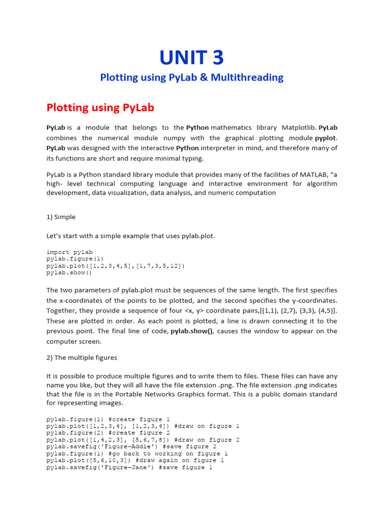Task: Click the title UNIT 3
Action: pos(191,58)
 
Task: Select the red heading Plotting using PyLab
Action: pos(100,107)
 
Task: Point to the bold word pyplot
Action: pos(325,138)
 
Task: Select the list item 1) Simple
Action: pos(61,217)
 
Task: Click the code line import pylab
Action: pos(69,252)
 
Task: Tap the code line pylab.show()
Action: pos(69,273)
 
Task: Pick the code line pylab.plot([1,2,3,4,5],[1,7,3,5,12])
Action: pos(115,266)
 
